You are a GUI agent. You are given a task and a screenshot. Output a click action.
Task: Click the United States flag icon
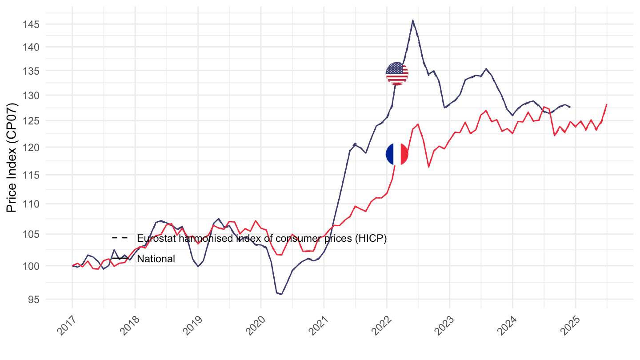[x=397, y=73]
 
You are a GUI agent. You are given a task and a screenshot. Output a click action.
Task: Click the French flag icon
[x=397, y=154]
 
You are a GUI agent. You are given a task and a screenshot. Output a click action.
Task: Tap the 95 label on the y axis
[x=34, y=300]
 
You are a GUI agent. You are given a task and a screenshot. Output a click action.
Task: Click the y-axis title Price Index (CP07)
[x=13, y=158]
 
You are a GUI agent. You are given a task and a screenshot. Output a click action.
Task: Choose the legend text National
[x=156, y=259]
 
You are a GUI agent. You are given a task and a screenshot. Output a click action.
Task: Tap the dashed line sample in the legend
[x=120, y=239]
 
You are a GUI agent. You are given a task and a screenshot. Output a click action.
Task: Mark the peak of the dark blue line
[x=413, y=20]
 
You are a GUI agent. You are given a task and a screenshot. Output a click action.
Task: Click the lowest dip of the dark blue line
[x=281, y=294]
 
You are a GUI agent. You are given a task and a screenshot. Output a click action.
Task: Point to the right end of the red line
[x=607, y=104]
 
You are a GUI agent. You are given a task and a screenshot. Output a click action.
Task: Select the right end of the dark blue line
[x=570, y=107]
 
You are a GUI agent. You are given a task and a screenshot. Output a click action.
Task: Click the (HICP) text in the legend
[x=374, y=239]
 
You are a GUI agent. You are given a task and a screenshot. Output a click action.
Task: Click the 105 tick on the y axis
[x=34, y=234]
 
